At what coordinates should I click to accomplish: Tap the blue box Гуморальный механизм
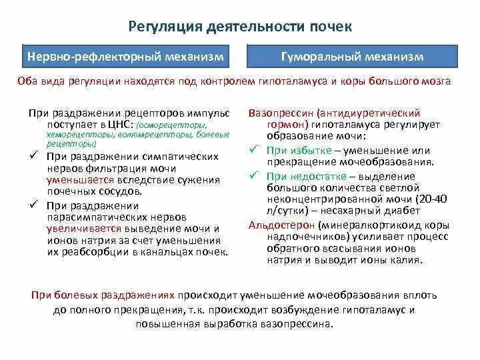click(x=352, y=57)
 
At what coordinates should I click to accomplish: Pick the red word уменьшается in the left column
click(x=75, y=180)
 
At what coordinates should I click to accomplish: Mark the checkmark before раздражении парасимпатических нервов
click(x=35, y=204)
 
